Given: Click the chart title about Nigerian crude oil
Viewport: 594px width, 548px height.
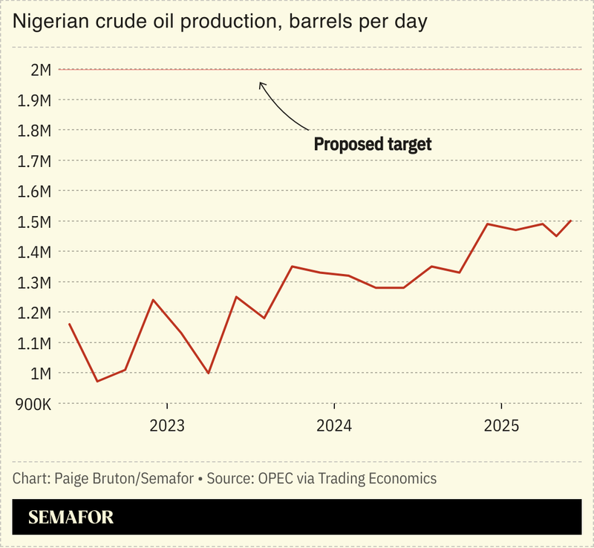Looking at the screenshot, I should click(x=220, y=22).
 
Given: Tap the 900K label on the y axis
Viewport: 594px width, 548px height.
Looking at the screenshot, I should click(x=33, y=405).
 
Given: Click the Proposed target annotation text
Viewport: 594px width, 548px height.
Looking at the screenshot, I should click(x=373, y=144).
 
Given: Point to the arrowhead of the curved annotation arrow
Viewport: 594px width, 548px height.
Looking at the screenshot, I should click(x=260, y=83).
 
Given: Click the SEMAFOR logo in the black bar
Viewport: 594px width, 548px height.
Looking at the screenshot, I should click(x=71, y=518).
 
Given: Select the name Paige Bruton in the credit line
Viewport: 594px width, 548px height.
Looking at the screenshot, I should click(x=94, y=478).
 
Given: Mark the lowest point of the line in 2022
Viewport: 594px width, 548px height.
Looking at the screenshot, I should click(x=97, y=382).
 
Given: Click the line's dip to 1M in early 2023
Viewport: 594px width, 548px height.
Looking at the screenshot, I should click(x=209, y=374).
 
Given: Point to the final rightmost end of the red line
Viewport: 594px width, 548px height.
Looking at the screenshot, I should click(x=571, y=221).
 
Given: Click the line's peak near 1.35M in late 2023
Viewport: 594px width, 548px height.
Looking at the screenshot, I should click(x=292, y=267).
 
